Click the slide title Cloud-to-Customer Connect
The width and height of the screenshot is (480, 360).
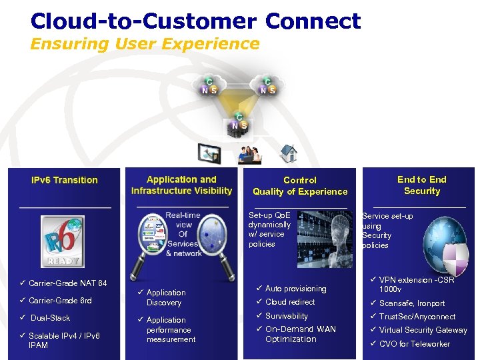coord(195,21)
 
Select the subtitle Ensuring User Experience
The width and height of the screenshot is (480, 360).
coord(145,44)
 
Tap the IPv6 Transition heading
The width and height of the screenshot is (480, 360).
coord(65,180)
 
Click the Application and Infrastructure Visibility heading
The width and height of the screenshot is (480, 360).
coord(181,185)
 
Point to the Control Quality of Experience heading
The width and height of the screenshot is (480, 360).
coord(300,185)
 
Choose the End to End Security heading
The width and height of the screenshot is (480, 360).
coord(421,185)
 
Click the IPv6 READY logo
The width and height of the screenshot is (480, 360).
coord(61,241)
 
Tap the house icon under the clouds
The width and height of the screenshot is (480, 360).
coord(288,153)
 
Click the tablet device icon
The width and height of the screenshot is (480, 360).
coord(208,154)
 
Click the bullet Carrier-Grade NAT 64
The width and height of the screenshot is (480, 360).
coord(67,283)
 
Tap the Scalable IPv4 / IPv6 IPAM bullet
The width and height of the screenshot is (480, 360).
coord(63,340)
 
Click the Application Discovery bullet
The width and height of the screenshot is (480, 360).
coord(165,297)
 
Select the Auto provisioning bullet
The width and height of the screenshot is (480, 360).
coord(295,289)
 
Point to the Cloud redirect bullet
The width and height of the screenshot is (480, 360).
coord(290,302)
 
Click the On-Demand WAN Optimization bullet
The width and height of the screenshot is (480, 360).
coord(300,334)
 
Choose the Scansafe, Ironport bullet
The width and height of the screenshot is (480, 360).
coord(411,303)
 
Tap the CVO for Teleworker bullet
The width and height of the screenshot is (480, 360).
coord(414,344)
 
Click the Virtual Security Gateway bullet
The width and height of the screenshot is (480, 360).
coord(423,330)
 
